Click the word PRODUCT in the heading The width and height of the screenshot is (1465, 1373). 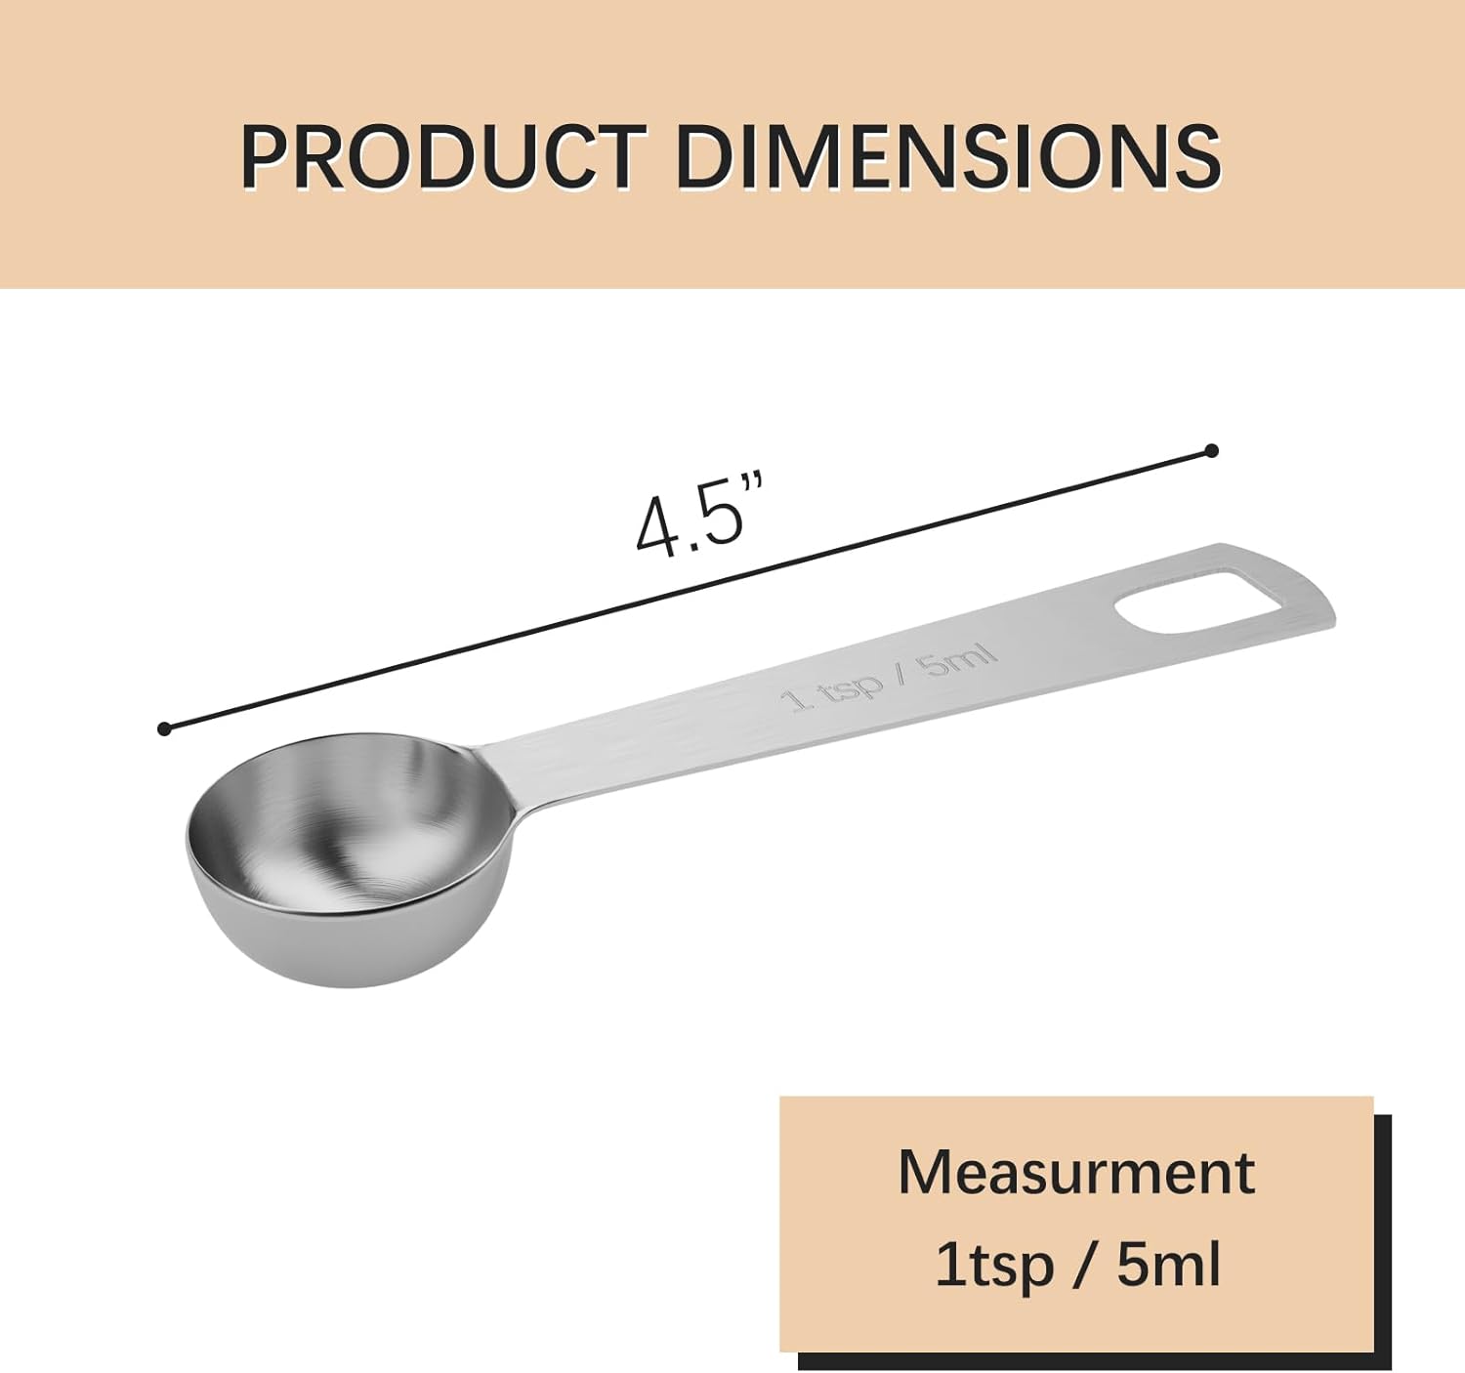(x=443, y=157)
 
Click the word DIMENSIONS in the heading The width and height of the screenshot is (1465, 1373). (x=947, y=157)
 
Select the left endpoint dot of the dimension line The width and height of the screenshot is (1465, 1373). (x=164, y=728)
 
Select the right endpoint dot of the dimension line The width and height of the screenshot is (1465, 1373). (x=1211, y=450)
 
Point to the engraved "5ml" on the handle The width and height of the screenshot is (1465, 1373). (x=959, y=660)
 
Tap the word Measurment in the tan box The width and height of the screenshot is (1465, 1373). (x=1075, y=1172)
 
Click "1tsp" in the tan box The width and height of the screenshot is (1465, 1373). (x=994, y=1265)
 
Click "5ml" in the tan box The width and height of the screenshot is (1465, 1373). (x=1168, y=1265)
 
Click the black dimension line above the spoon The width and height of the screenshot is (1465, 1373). (x=684, y=590)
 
